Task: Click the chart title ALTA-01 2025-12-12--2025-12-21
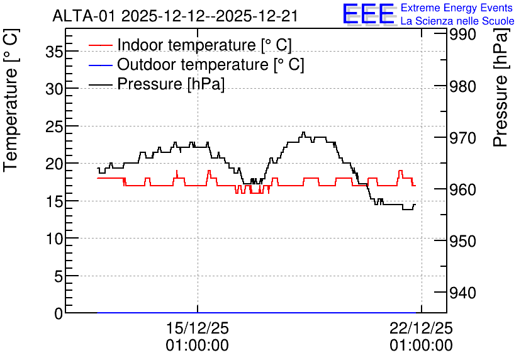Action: pyautogui.click(x=175, y=16)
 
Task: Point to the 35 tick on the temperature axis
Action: pyautogui.click(x=53, y=52)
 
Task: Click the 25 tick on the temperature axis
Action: pyautogui.click(x=53, y=127)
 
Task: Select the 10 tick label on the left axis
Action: pyautogui.click(x=53, y=239)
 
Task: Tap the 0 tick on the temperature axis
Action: pyautogui.click(x=59, y=313)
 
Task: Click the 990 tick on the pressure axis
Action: pyautogui.click(x=462, y=35)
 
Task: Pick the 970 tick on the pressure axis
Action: pyautogui.click(x=462, y=138)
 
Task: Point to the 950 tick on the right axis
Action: pyautogui.click(x=462, y=241)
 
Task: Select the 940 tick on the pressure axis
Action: pyautogui.click(x=462, y=293)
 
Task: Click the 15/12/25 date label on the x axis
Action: pyautogui.click(x=198, y=328)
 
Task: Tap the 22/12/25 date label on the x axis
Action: pyautogui.click(x=421, y=328)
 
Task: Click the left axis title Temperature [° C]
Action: pyautogui.click(x=11, y=100)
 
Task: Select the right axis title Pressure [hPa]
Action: pyautogui.click(x=501, y=87)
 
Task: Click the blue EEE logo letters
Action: pyautogui.click(x=368, y=13)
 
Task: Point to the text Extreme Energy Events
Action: pyautogui.click(x=457, y=8)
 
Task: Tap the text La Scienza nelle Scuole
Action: pyautogui.click(x=457, y=21)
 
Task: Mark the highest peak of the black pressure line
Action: pyautogui.click(x=304, y=132)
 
